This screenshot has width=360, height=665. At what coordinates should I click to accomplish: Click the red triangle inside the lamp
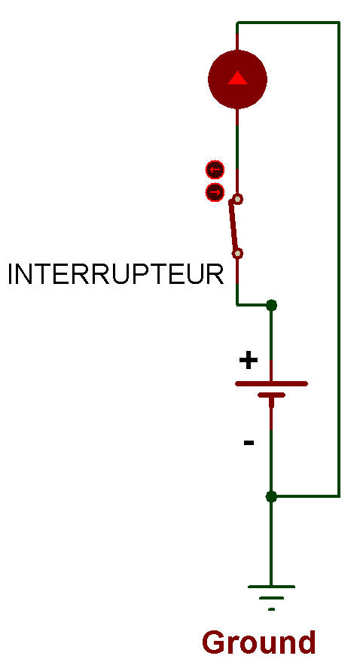pos(237,78)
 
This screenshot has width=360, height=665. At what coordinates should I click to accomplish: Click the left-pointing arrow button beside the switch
pos(215,170)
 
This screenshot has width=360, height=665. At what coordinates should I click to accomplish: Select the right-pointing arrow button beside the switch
pos(215,193)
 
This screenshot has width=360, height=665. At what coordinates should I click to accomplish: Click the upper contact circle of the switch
pos(238,199)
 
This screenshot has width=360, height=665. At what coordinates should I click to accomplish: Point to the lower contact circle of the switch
pos(238,254)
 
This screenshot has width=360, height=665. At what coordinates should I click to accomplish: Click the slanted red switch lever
pos(233,226)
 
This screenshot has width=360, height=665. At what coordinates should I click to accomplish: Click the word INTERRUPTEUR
pos(115,274)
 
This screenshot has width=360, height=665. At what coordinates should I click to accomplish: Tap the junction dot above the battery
pos(271,304)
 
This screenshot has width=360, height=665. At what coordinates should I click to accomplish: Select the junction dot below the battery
pos(271,496)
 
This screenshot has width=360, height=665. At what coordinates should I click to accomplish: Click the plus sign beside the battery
pos(249,361)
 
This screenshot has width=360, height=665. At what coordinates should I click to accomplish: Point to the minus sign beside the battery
pos(249,443)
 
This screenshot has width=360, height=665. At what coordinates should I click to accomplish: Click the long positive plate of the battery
pos(271,384)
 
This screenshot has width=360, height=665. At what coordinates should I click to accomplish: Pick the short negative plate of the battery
pos(271,395)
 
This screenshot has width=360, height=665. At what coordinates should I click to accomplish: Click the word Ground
pos(259,642)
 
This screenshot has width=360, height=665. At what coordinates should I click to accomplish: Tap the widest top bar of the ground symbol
pos(271,587)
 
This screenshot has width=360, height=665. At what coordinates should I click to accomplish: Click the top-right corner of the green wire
pos(339,23)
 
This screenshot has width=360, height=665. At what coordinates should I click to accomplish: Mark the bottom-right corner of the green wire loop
pos(339,496)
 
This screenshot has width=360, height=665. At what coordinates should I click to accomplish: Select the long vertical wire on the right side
pos(339,259)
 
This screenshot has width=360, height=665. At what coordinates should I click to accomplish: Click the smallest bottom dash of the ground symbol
pos(271,609)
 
